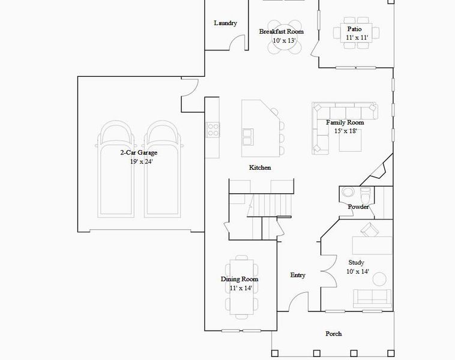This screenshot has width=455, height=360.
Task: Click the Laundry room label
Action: point(225,23)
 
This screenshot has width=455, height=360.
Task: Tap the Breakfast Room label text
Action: point(281,32)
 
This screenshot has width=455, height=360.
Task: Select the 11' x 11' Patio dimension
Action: point(357,38)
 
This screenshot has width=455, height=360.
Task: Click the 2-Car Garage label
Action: point(138,153)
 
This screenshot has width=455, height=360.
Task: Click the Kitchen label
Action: point(260,167)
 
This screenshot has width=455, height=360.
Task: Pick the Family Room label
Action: point(345,122)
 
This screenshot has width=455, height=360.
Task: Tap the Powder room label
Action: point(358,207)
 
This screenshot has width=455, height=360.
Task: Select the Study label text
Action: point(356,263)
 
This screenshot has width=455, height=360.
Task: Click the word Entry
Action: point(298,275)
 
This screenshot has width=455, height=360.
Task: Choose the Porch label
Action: point(334,334)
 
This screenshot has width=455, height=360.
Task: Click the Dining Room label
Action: point(240,279)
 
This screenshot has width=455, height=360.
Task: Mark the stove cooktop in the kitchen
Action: point(213,128)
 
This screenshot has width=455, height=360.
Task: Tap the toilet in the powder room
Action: point(348,193)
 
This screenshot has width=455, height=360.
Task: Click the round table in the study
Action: point(379,279)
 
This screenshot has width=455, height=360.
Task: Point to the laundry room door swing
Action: point(238,42)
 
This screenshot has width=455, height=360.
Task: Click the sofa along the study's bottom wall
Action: point(372,298)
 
